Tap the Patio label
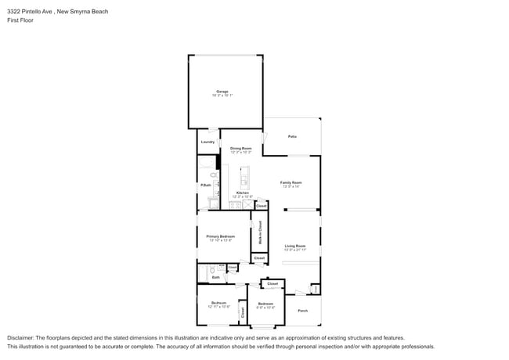pyautogui.click(x=292, y=137)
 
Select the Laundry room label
pyautogui.click(x=208, y=142)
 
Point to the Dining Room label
pyautogui.click(x=240, y=147)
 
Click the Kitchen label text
pyautogui.click(x=243, y=192)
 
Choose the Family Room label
pyautogui.click(x=291, y=182)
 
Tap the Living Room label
pyautogui.click(x=294, y=245)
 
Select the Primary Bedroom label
pyautogui.click(x=221, y=236)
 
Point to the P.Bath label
pyautogui.click(x=205, y=185)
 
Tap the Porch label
pyautogui.click(x=302, y=311)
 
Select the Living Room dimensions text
pyautogui.click(x=294, y=249)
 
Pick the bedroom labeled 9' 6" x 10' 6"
pyautogui.click(x=265, y=304)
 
